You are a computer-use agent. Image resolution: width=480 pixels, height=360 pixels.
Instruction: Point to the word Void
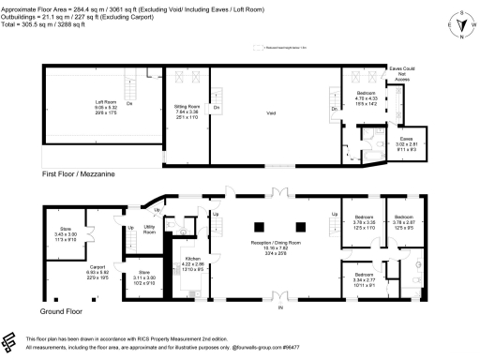click(270, 112)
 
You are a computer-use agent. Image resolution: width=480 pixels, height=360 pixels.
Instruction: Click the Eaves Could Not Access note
click(402, 74)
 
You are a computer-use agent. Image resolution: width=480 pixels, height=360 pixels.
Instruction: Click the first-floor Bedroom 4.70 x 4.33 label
click(367, 98)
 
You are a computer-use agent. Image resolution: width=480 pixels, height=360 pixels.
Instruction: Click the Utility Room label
click(149, 228)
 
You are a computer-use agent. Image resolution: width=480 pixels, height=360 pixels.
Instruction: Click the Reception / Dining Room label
click(275, 247)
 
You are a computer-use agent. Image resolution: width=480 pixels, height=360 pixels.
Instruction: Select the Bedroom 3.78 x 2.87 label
click(405, 223)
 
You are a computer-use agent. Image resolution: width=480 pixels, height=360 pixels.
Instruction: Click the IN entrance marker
click(277, 307)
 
